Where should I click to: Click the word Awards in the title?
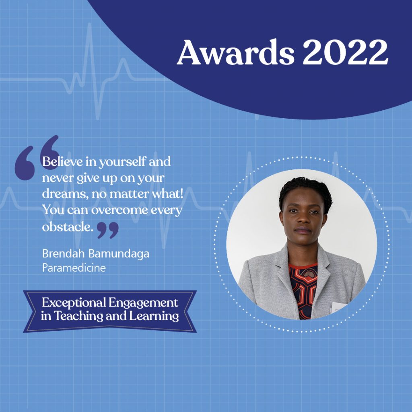click(x=236, y=52)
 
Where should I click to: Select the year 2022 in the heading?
click(x=346, y=52)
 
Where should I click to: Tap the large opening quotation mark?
click(x=37, y=158)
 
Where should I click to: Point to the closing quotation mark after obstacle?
click(x=108, y=230)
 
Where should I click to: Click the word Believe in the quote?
click(x=62, y=161)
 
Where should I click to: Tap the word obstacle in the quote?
click(x=68, y=227)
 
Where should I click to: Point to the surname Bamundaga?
click(x=119, y=254)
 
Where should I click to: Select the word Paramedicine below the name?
click(x=74, y=268)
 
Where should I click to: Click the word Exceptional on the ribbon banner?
click(x=74, y=303)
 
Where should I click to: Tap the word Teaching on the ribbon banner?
click(x=78, y=316)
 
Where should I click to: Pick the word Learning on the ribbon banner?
click(x=154, y=316)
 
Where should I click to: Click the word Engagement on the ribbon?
click(x=143, y=303)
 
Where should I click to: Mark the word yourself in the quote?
click(x=122, y=162)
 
